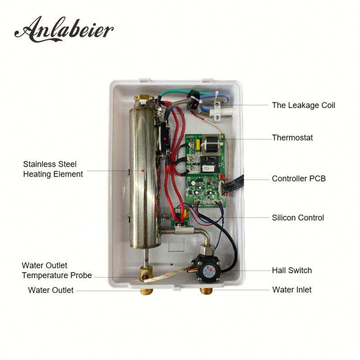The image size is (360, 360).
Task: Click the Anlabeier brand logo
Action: click(64, 29)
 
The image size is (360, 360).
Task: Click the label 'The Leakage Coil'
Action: click(303, 105)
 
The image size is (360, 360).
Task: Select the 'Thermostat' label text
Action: click(292, 137)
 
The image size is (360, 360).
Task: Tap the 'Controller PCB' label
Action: click(298, 179)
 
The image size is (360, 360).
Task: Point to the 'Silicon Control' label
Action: click(297, 218)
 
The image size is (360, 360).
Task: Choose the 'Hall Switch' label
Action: click(292, 270)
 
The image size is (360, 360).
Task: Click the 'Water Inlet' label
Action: click(292, 289)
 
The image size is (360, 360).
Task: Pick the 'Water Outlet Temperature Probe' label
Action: click(57, 270)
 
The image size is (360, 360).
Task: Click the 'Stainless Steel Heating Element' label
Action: click(53, 169)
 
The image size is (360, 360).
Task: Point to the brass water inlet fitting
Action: click(207, 290)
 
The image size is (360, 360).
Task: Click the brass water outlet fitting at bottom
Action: click(146, 291)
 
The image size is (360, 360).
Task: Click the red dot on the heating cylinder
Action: click(143, 171)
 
